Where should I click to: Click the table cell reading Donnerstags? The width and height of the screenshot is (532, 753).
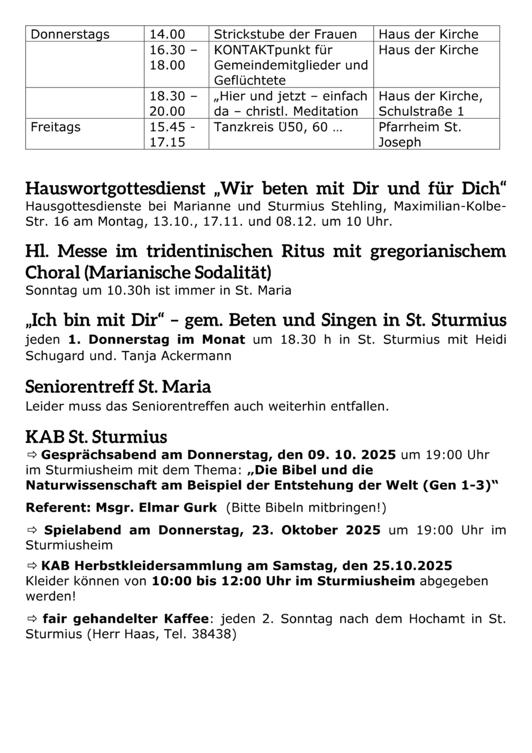[x=70, y=35]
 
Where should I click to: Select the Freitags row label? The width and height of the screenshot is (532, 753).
[x=56, y=127]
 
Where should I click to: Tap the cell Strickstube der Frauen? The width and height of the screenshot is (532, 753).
[x=286, y=35]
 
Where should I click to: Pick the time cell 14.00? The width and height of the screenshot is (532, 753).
[x=168, y=35]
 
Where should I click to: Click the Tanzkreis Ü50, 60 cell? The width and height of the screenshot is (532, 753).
[x=278, y=127]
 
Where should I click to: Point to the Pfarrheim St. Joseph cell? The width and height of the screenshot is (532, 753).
[x=420, y=134]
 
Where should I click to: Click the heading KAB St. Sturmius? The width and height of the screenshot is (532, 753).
[x=96, y=436]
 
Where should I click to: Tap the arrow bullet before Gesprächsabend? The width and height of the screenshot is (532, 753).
[x=32, y=455]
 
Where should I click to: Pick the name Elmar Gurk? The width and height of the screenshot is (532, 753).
[x=185, y=508]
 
